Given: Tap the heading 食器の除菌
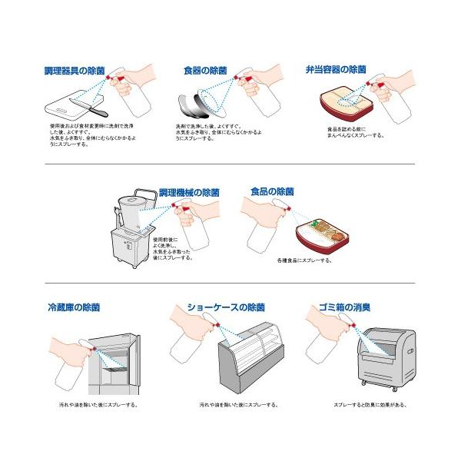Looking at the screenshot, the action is point(205,71).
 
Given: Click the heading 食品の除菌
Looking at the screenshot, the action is point(273,191).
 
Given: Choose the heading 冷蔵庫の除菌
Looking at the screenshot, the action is point(73,307).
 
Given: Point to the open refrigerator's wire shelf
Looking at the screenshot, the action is point(114,370).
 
